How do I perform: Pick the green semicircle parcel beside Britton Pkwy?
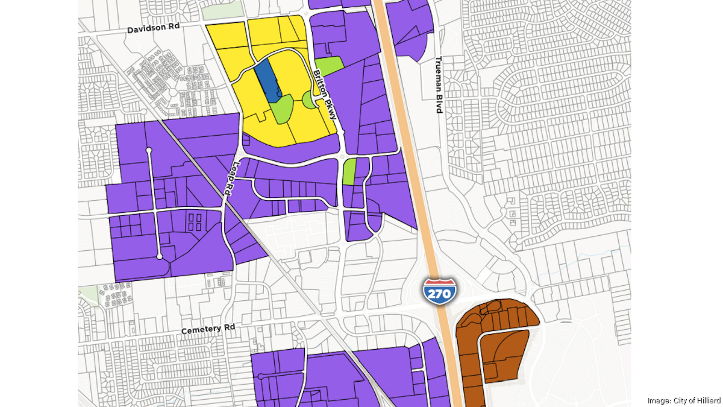[309, 100]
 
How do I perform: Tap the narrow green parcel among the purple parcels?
[349, 171]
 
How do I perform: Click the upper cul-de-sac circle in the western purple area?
[149, 150]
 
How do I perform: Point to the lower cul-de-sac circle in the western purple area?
[160, 257]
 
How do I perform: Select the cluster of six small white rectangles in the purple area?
[195, 221]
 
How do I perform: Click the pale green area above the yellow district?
[222, 11]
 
